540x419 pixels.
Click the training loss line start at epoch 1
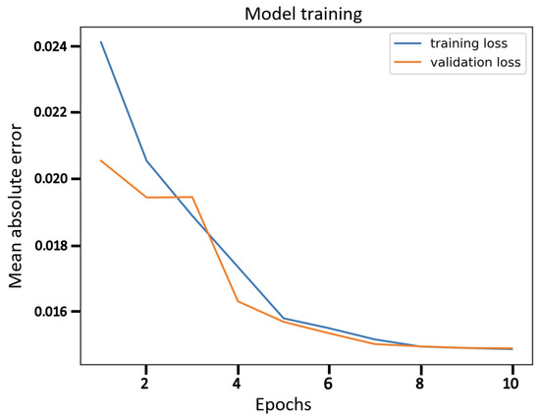click(101, 41)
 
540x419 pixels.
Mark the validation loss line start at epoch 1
click(101, 160)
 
